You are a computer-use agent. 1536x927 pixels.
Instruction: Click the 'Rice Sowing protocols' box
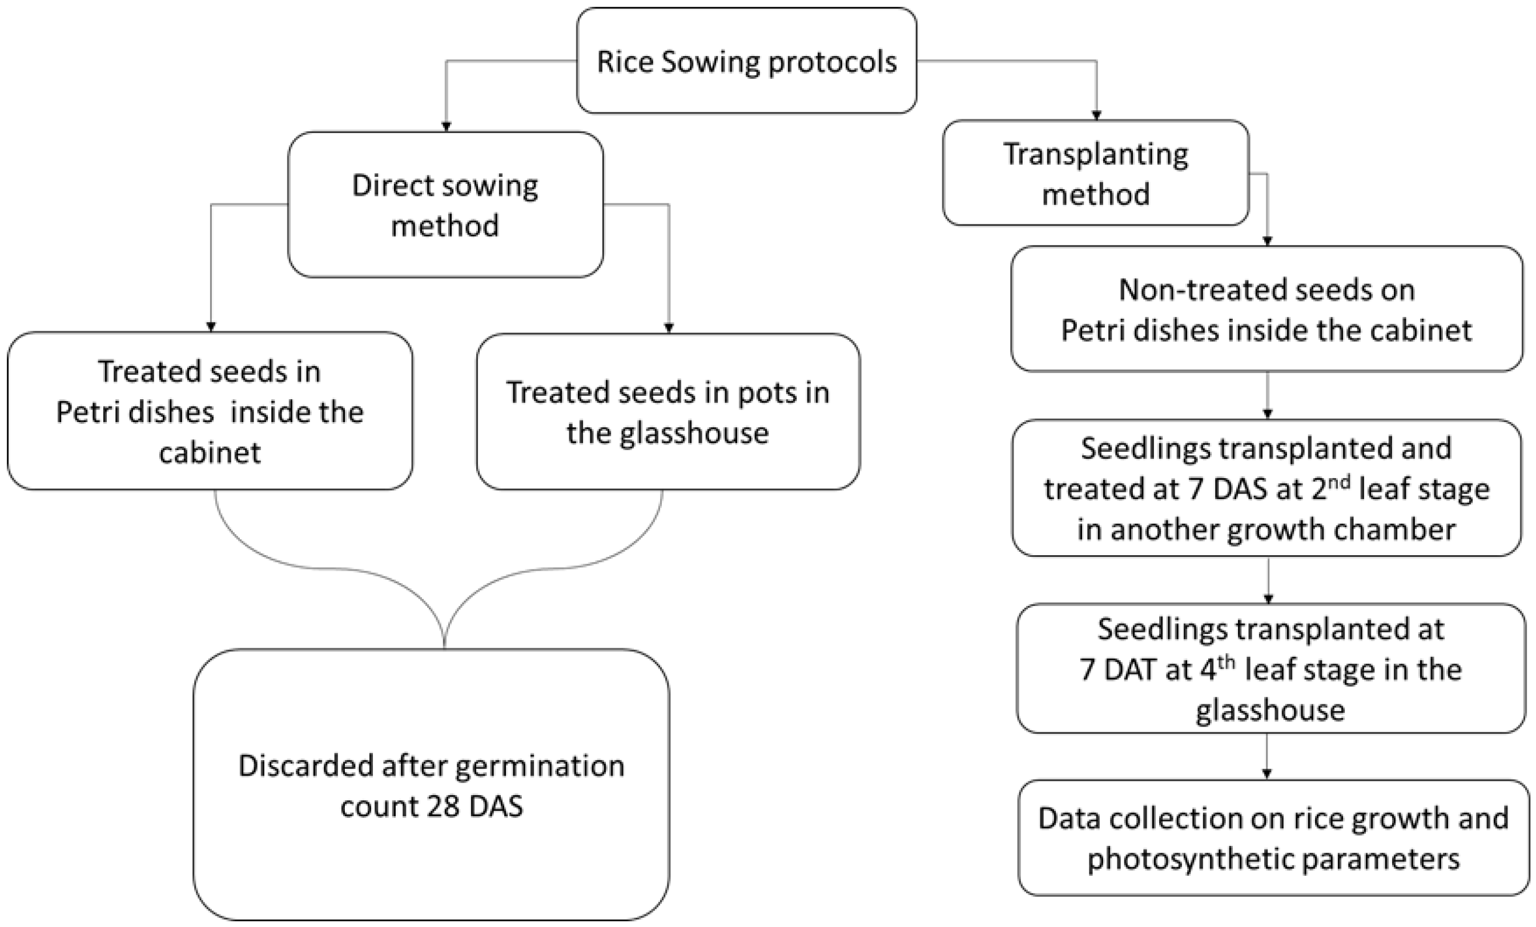tap(746, 61)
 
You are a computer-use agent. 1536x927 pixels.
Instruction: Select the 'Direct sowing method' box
tap(445, 204)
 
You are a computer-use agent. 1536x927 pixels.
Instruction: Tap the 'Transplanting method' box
tap(1095, 173)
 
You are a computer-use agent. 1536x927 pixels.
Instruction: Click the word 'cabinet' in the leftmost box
tap(210, 452)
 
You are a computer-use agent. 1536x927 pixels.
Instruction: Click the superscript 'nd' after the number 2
tap(1340, 481)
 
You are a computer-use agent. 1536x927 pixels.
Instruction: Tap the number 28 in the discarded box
tap(443, 806)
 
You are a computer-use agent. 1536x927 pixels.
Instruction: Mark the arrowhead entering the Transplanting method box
tap(1096, 115)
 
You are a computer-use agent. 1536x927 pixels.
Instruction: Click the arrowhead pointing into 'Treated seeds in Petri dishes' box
tap(211, 327)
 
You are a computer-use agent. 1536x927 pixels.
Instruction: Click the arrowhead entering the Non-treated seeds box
tap(1266, 241)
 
